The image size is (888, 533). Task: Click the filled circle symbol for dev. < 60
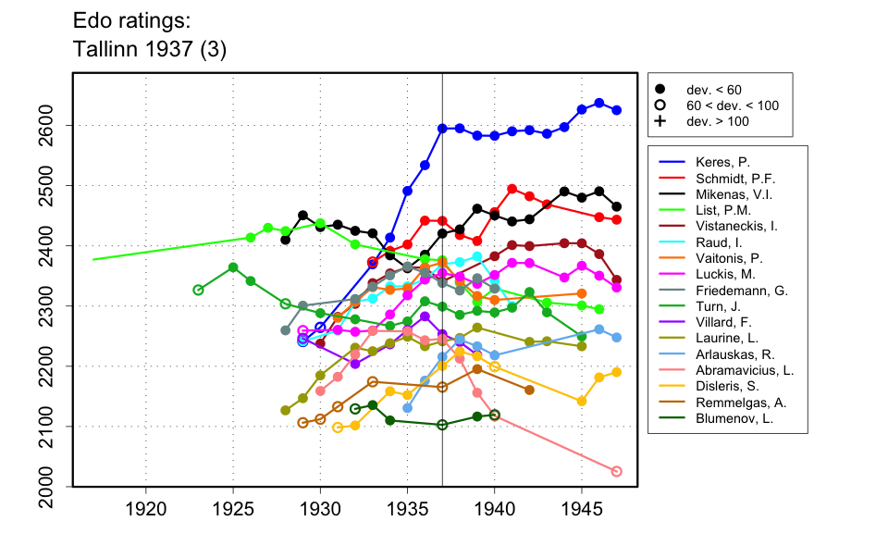pos(660,89)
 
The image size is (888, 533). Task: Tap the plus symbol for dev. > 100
pos(660,121)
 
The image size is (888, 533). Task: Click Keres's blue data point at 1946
pos(599,103)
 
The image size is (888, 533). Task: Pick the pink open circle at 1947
pos(617,471)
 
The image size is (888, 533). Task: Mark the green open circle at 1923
pos(198,290)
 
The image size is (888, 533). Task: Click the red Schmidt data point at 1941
pos(512,189)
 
